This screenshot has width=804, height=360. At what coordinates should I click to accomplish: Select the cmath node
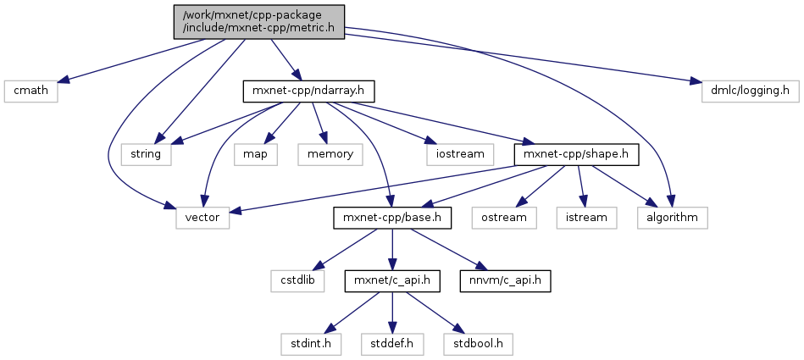pyautogui.click(x=30, y=90)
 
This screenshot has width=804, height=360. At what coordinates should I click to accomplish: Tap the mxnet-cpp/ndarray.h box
pyautogui.click(x=308, y=90)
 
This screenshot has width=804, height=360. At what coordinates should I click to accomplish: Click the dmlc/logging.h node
pyautogui.click(x=745, y=90)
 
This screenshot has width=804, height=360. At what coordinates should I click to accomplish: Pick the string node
pyautogui.click(x=146, y=154)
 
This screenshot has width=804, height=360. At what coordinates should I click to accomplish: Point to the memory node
pyautogui.click(x=330, y=154)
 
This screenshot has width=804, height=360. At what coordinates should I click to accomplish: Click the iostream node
pyautogui.click(x=461, y=154)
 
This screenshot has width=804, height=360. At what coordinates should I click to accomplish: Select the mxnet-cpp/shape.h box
pyautogui.click(x=576, y=154)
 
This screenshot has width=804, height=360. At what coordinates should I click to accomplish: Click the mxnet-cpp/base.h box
pyautogui.click(x=391, y=218)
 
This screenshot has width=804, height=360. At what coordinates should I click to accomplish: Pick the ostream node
pyautogui.click(x=511, y=218)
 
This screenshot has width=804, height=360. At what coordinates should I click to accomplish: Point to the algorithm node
pyautogui.click(x=673, y=218)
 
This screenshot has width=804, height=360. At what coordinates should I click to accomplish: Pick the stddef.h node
pyautogui.click(x=391, y=345)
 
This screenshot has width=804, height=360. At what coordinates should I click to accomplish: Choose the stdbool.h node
pyautogui.click(x=477, y=345)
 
